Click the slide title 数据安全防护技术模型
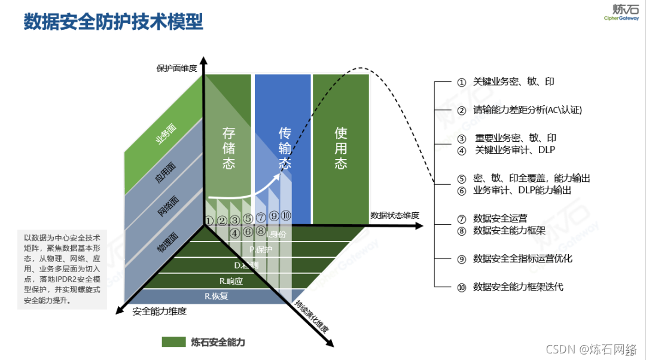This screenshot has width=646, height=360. tap(113, 22)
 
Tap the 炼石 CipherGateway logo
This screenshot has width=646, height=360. tap(625, 12)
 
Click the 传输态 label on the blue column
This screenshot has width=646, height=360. tap(285, 148)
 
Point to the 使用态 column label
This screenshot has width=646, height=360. tap(340, 148)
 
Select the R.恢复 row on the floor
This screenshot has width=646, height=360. tap(216, 295)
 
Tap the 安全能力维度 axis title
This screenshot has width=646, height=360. tap(160, 311)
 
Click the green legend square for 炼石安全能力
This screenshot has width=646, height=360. tap(173, 342)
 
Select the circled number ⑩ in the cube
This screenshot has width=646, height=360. tap(286, 216)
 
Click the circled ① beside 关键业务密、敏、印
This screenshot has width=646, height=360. tap(461, 83)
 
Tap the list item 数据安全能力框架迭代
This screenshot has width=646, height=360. tap(518, 287)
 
